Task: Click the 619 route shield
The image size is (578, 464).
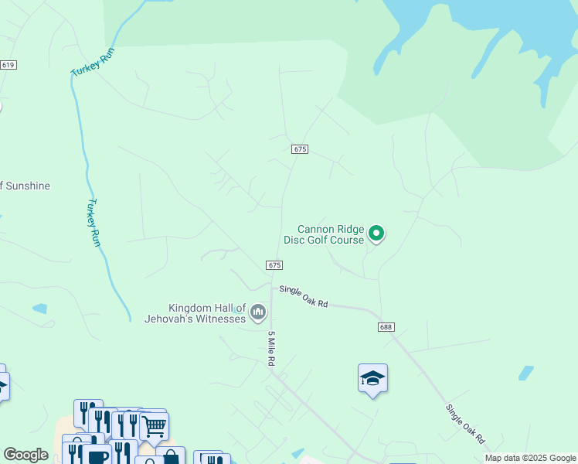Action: click(x=8, y=65)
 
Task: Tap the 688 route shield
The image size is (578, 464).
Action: click(x=386, y=327)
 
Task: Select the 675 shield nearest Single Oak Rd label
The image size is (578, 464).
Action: click(x=274, y=264)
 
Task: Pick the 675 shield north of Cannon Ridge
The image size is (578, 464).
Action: click(x=301, y=148)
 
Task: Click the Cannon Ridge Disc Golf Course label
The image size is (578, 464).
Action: click(x=331, y=234)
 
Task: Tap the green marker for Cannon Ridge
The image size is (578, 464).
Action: click(x=376, y=232)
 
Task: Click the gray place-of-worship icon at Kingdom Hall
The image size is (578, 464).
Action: click(x=258, y=312)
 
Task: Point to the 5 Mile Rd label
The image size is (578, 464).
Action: click(x=272, y=352)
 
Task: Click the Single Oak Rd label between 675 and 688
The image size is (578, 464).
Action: click(x=304, y=296)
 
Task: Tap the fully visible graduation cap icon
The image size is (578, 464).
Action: click(x=372, y=379)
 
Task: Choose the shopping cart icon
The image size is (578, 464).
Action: click(x=155, y=425)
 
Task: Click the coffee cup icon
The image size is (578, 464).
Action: click(x=97, y=456)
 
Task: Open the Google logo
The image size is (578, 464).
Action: click(x=25, y=455)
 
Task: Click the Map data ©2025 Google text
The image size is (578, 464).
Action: click(x=530, y=458)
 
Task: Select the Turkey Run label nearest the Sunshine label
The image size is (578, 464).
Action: click(x=93, y=223)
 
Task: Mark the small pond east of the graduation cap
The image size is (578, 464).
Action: click(x=525, y=373)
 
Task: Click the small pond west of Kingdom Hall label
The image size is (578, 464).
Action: click(x=39, y=309)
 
